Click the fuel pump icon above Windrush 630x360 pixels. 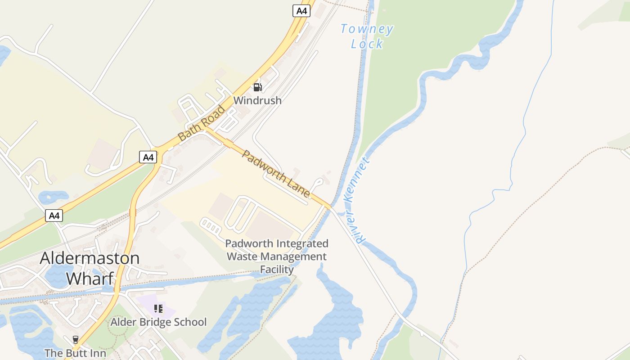(x=257, y=87)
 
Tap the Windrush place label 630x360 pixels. (x=257, y=100)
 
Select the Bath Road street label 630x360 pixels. (x=201, y=123)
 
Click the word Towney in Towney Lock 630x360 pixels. (x=367, y=30)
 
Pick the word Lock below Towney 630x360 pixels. (x=367, y=44)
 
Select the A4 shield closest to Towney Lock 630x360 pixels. (x=301, y=11)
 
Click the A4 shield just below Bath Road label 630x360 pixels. (x=148, y=157)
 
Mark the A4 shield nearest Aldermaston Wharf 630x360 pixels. (x=54, y=216)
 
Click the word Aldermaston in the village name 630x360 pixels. (x=90, y=258)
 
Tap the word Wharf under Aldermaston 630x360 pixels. (x=90, y=278)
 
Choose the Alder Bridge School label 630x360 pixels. (x=158, y=322)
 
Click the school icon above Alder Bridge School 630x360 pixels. (x=158, y=309)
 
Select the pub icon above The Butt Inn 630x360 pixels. (x=76, y=339)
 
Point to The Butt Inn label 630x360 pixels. (x=76, y=353)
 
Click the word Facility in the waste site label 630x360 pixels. (x=277, y=270)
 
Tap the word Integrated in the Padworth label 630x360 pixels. (x=302, y=243)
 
